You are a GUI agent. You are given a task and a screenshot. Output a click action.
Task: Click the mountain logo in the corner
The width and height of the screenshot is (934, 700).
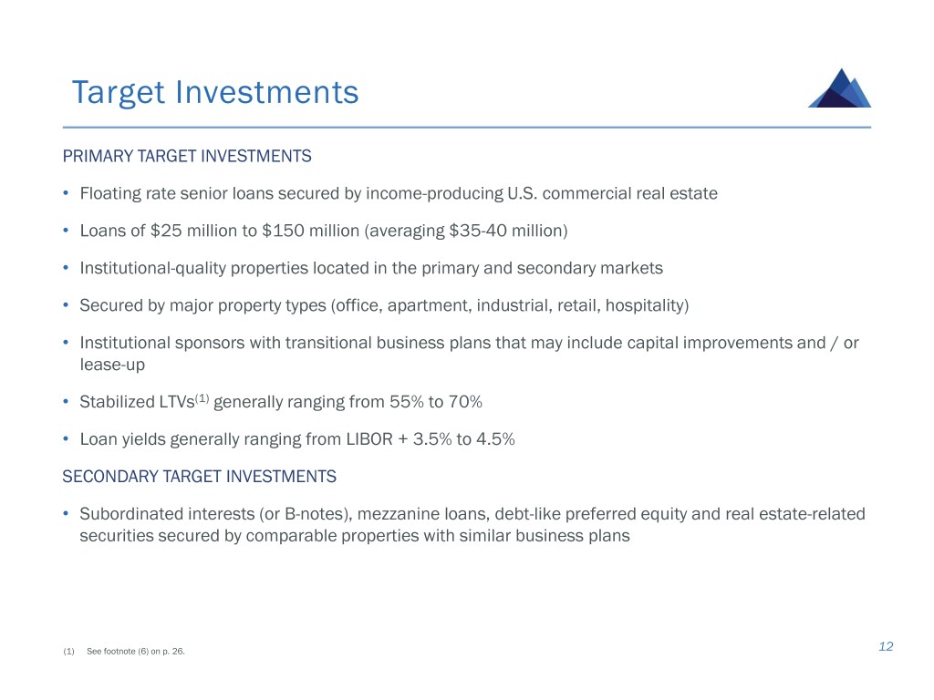(839, 88)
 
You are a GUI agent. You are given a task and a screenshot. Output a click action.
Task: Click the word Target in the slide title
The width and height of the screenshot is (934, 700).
(118, 93)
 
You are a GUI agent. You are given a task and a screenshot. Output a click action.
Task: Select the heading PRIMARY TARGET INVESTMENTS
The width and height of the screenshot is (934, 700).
(187, 156)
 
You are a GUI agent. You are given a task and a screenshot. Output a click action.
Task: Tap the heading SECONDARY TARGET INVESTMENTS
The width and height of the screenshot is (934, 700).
(200, 476)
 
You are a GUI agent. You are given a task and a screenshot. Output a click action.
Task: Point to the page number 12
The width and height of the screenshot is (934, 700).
(886, 646)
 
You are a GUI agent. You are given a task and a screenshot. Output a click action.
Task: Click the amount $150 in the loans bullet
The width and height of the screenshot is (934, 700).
(283, 231)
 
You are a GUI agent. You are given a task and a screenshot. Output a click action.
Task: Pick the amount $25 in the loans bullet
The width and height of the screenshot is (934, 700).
(166, 231)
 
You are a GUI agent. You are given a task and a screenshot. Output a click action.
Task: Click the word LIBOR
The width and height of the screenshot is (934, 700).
(369, 439)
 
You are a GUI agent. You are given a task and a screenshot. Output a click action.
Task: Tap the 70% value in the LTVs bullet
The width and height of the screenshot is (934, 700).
(465, 402)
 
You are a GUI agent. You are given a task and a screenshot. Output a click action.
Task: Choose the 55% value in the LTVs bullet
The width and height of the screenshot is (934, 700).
(406, 402)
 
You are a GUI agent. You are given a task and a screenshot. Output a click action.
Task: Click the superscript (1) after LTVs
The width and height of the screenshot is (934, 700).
(202, 397)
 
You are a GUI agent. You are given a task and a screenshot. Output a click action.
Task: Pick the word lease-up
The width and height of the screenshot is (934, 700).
(112, 365)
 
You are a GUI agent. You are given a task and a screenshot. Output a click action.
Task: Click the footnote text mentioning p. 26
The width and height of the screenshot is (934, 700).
(136, 651)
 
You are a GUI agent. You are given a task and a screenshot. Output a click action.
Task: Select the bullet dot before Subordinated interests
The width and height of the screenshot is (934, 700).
(66, 513)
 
